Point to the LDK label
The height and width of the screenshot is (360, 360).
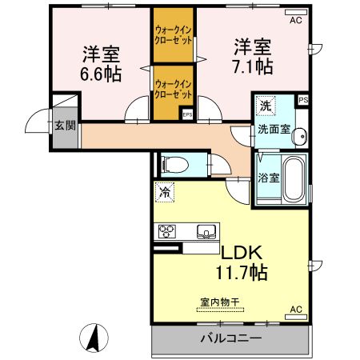pyautogui.click(x=234, y=252)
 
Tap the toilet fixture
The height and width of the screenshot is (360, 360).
pyautogui.click(x=174, y=165)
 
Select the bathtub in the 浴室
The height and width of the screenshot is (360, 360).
pyautogui.click(x=293, y=180)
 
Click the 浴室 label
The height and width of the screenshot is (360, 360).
pyautogui.click(x=268, y=178)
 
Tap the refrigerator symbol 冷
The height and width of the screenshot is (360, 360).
pyautogui.click(x=164, y=192)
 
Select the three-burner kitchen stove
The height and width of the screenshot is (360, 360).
pyautogui.click(x=168, y=232)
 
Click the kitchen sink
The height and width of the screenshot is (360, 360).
pyautogui.click(x=206, y=233)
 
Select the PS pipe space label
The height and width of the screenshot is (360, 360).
pyautogui.click(x=302, y=100)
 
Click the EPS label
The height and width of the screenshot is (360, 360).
pyautogui.click(x=187, y=114)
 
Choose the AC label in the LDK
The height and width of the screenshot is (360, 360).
pyautogui.click(x=295, y=309)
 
